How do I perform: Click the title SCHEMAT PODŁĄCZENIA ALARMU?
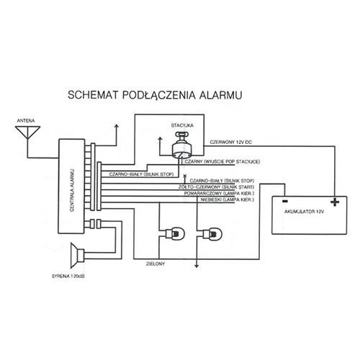coord(155,95)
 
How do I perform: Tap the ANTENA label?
coord(26,121)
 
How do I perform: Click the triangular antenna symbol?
coord(27,132)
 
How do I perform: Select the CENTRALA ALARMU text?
coord(72,190)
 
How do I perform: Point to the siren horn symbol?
coord(77,256)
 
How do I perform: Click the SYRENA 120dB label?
coord(68,276)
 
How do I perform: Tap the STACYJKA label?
coord(182,125)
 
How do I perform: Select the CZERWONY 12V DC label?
coord(231,142)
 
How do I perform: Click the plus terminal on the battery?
coord(335,202)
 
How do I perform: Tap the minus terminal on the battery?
coord(285,201)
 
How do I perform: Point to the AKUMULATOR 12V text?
coord(305,212)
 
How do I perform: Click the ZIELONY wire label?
coord(156,264)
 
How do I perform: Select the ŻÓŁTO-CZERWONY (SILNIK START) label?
coord(216,187)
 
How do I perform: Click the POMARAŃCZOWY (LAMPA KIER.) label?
coord(219,193)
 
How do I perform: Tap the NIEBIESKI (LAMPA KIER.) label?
coord(228,199)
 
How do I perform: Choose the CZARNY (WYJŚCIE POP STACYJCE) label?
coord(222,162)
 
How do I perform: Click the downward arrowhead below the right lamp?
coord(197,266)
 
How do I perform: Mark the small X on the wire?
coord(184,176)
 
